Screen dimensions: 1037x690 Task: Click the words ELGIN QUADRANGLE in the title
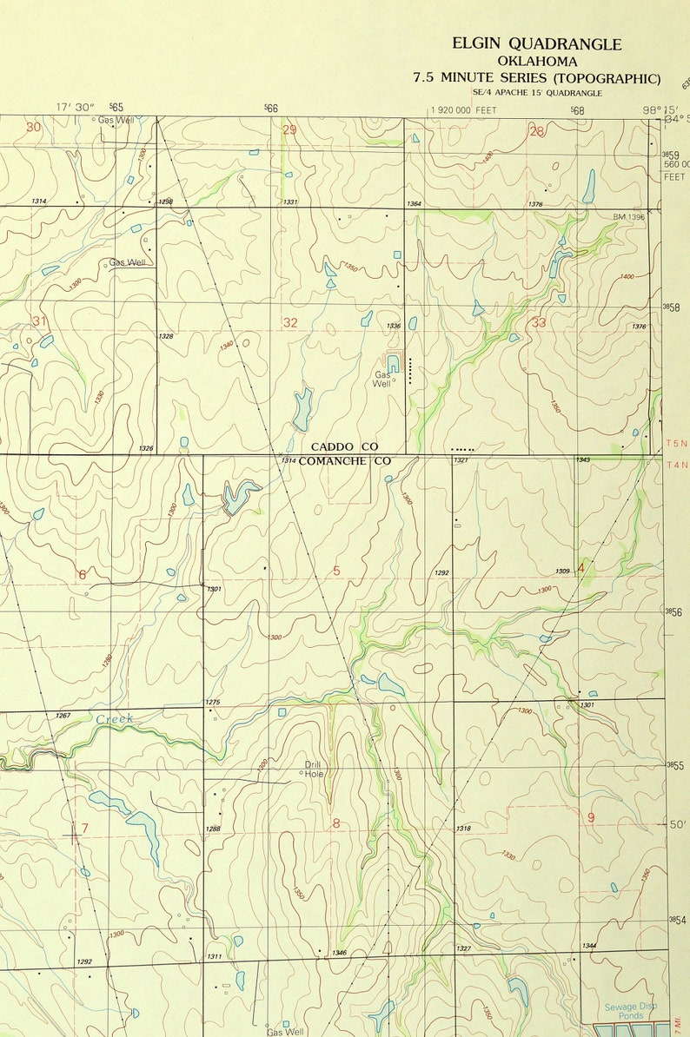(536, 44)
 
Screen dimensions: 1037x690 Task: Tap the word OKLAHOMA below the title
(536, 62)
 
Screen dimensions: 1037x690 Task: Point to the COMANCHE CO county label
(345, 461)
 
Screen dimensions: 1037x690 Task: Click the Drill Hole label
(313, 769)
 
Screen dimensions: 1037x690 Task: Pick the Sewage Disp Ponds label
(631, 1011)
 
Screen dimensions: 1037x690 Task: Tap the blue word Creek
(114, 719)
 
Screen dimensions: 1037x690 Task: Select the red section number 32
(290, 323)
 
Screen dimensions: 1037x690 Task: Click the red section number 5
(336, 571)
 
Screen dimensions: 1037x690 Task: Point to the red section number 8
(335, 823)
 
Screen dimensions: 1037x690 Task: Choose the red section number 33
(539, 323)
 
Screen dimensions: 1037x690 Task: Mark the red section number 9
(591, 817)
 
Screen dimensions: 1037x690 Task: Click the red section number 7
(84, 829)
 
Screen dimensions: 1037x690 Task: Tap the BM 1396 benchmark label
(628, 216)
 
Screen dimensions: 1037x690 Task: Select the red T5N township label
(676, 443)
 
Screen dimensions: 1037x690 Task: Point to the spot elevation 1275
(212, 702)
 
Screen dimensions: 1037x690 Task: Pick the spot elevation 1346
(339, 953)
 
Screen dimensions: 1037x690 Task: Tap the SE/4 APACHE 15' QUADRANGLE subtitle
(536, 93)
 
